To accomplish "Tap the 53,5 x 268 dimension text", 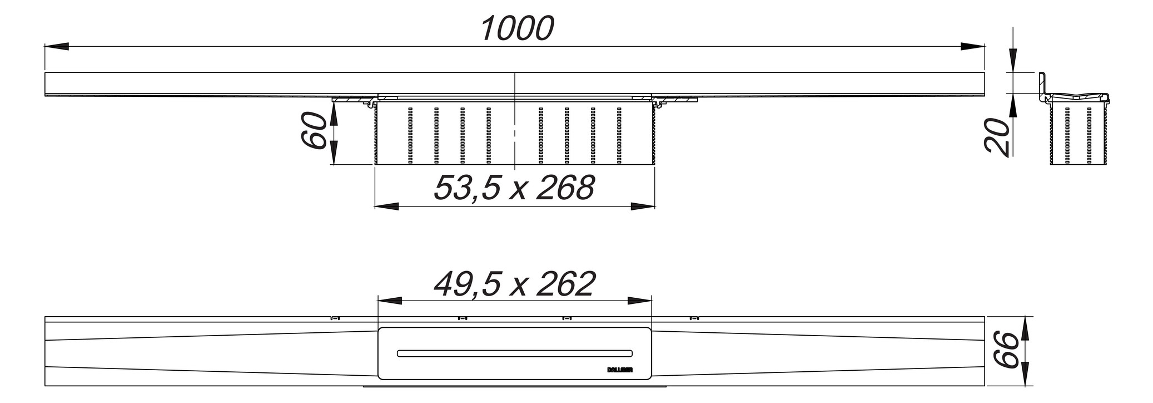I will tap(514, 188).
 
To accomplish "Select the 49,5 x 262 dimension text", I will tap(514, 284).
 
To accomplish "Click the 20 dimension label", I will tap(997, 136).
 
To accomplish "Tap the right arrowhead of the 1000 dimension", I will tap(972, 47).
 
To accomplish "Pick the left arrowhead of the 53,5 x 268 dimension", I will tap(387, 207).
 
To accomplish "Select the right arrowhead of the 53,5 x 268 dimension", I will tap(642, 207).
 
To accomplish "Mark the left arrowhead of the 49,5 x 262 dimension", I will tap(390, 301).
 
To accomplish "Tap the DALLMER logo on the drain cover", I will tap(618, 368).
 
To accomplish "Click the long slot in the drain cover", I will tap(514, 353).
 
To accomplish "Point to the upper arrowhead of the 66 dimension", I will tap(1025, 328).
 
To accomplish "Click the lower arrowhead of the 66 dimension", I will tap(1025, 374).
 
